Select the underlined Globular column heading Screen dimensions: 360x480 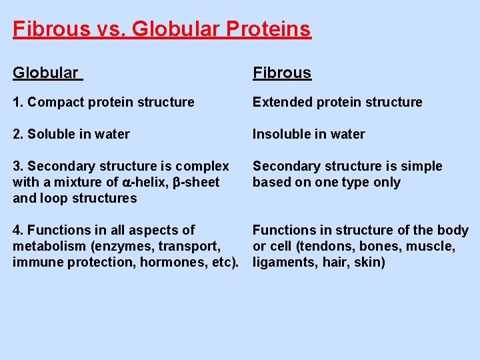click(45, 73)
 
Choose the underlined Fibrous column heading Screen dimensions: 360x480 click(281, 73)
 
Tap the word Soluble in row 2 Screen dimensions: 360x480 click(51, 134)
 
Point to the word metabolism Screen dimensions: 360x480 click(45, 246)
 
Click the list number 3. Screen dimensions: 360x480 click(17, 166)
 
